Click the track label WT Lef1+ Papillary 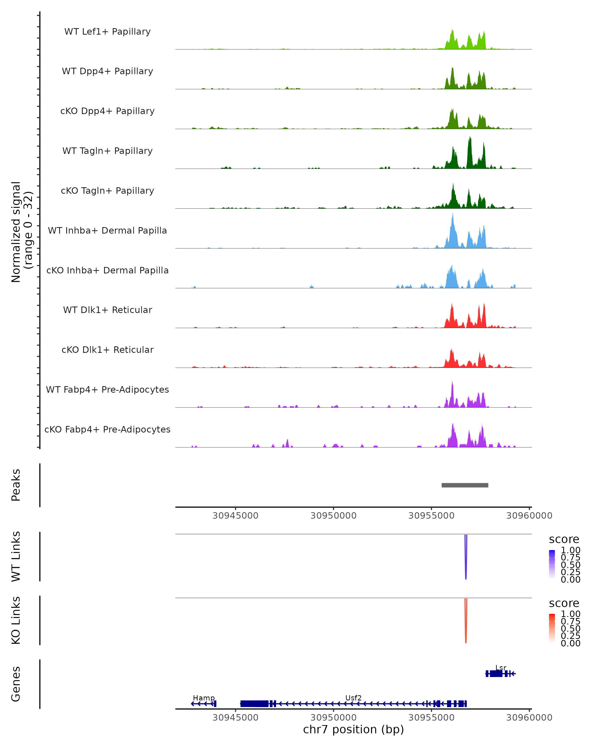click(x=107, y=32)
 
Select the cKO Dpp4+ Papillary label click(x=107, y=111)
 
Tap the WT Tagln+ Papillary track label click(x=107, y=151)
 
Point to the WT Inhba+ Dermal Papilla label click(x=107, y=231)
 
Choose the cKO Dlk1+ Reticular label click(x=107, y=350)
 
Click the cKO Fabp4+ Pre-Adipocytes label click(x=107, y=430)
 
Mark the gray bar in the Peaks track click(x=465, y=485)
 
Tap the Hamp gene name click(x=204, y=698)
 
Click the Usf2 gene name click(x=353, y=698)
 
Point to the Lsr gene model click(x=500, y=674)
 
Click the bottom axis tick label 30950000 click(x=333, y=718)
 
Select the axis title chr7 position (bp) click(x=353, y=730)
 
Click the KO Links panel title click(x=16, y=621)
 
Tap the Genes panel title click(x=16, y=684)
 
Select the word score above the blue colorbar click(x=564, y=540)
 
